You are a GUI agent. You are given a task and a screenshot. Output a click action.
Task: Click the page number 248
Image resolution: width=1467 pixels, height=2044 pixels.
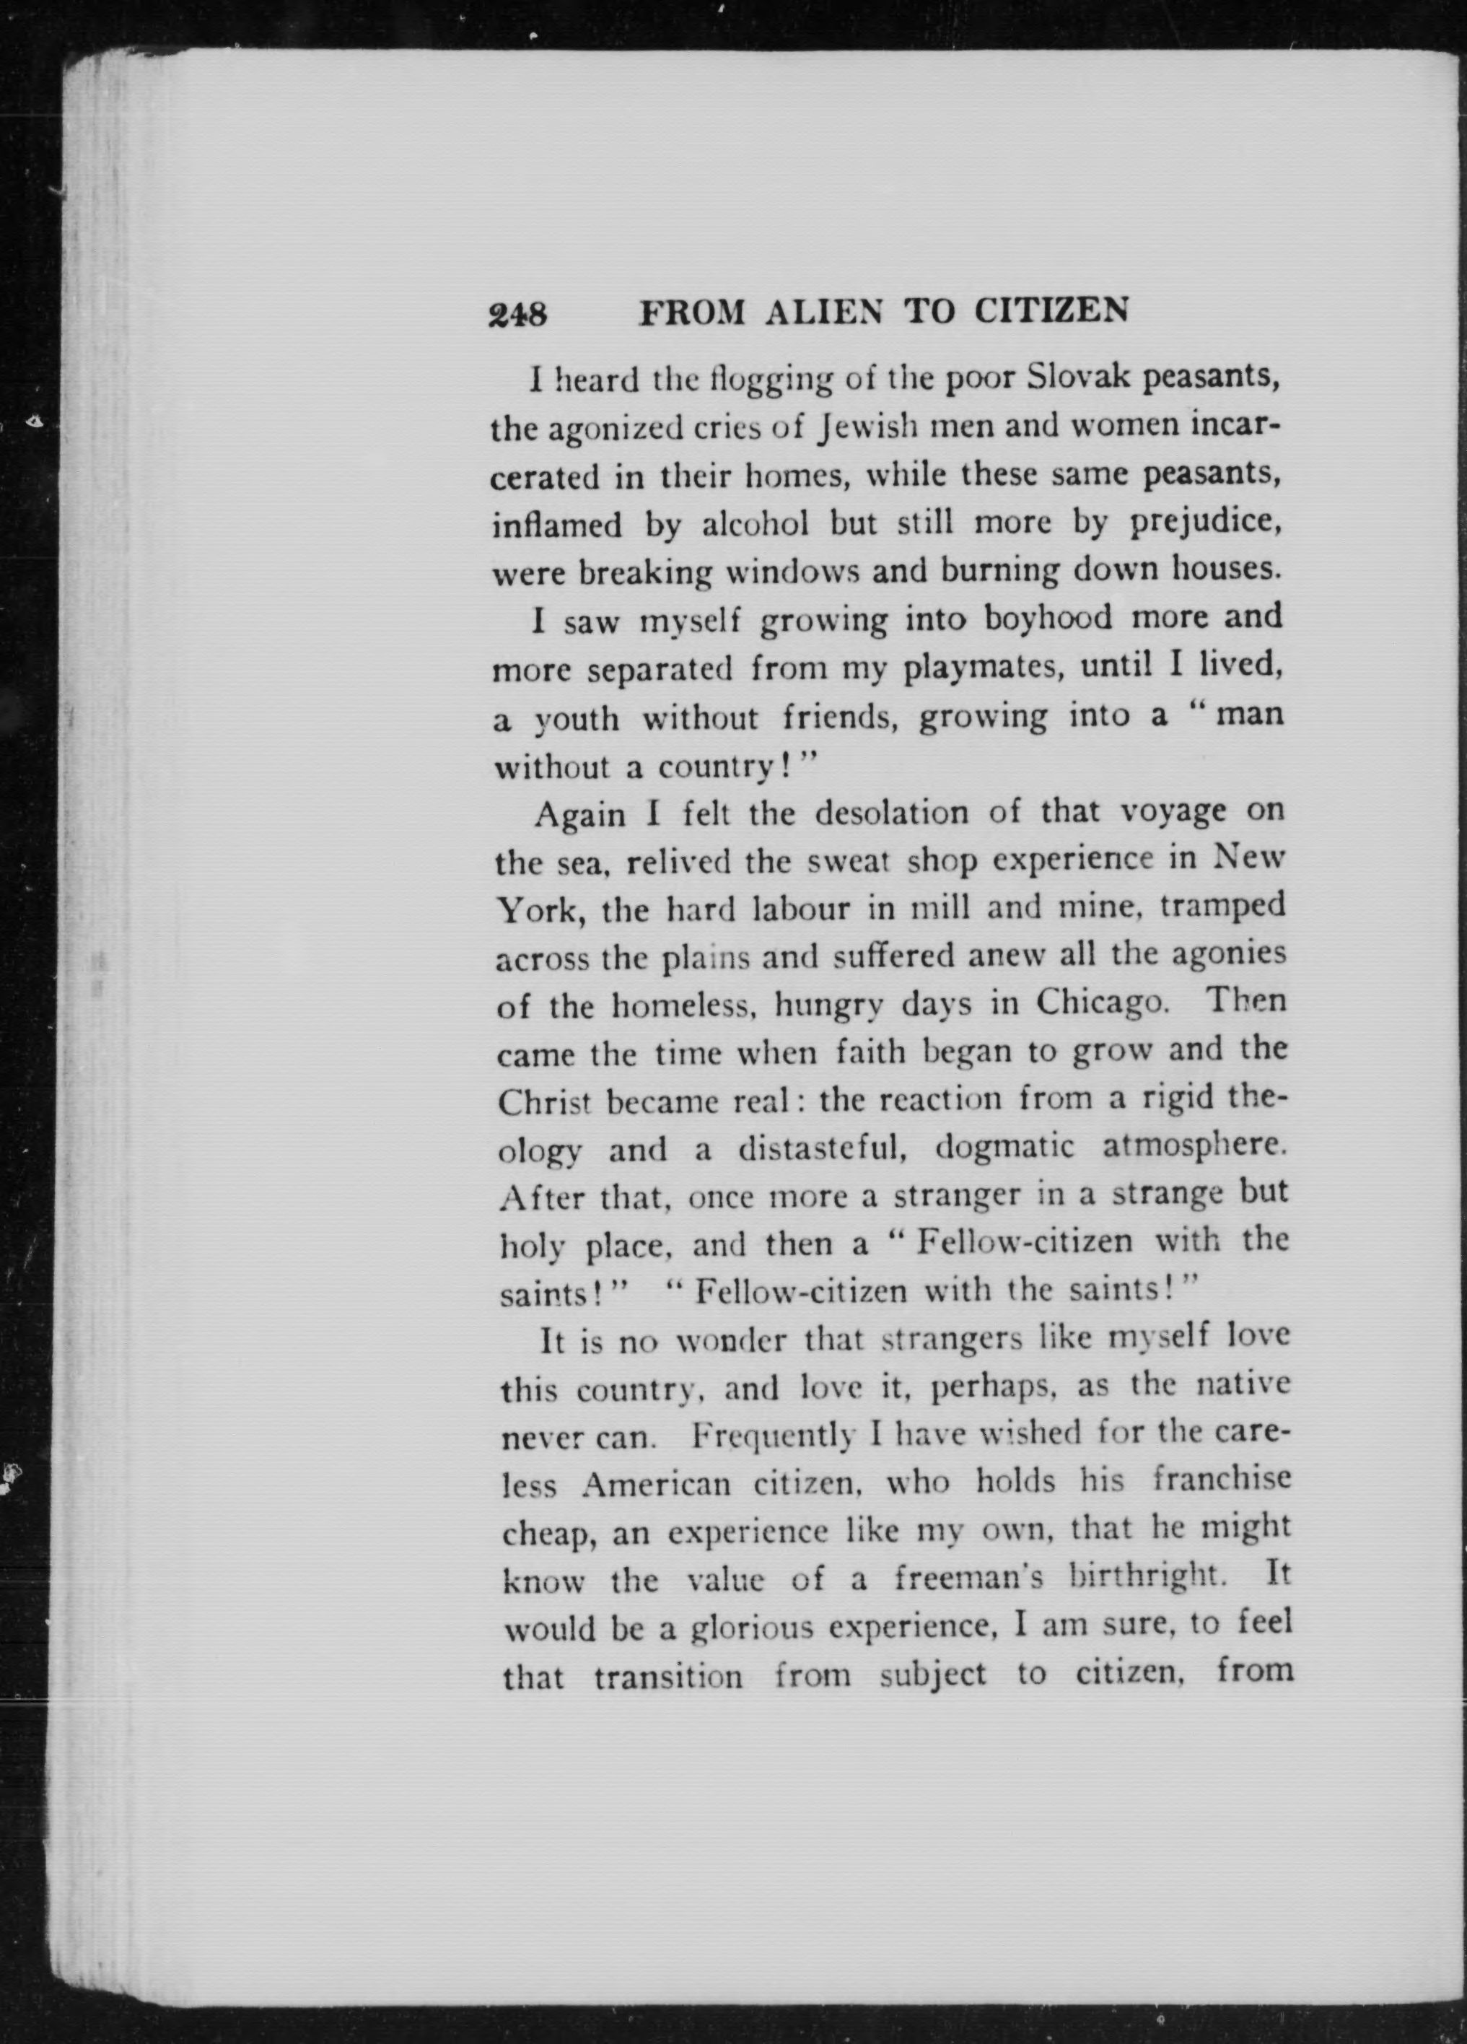pos(517,314)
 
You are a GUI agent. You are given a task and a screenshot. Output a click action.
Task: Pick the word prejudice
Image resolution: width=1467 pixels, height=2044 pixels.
pos(1205,522)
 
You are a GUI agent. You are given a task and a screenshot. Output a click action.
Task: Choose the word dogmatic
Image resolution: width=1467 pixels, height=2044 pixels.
pos(1004,1148)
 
